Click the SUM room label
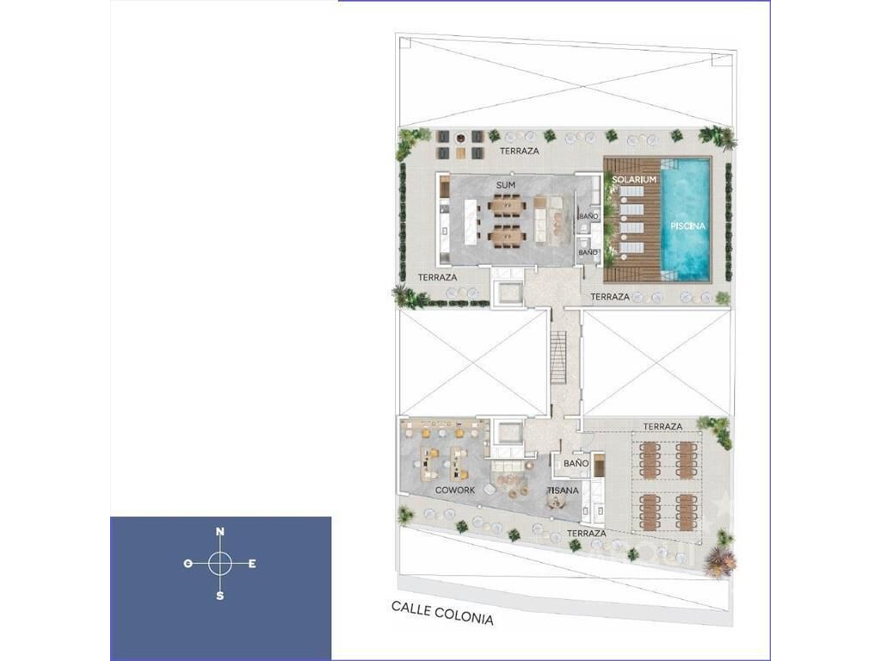506,185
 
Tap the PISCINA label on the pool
687,226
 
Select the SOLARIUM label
634,179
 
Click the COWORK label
455,490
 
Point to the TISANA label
563,490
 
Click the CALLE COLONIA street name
443,613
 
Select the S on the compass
219,596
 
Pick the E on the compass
252,564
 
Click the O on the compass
188,563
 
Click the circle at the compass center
220,564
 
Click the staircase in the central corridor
558,358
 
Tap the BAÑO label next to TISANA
576,464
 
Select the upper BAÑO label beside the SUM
588,216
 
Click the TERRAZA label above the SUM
519,151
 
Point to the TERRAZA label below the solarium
610,296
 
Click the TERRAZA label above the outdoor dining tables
662,427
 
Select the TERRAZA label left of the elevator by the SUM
437,277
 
